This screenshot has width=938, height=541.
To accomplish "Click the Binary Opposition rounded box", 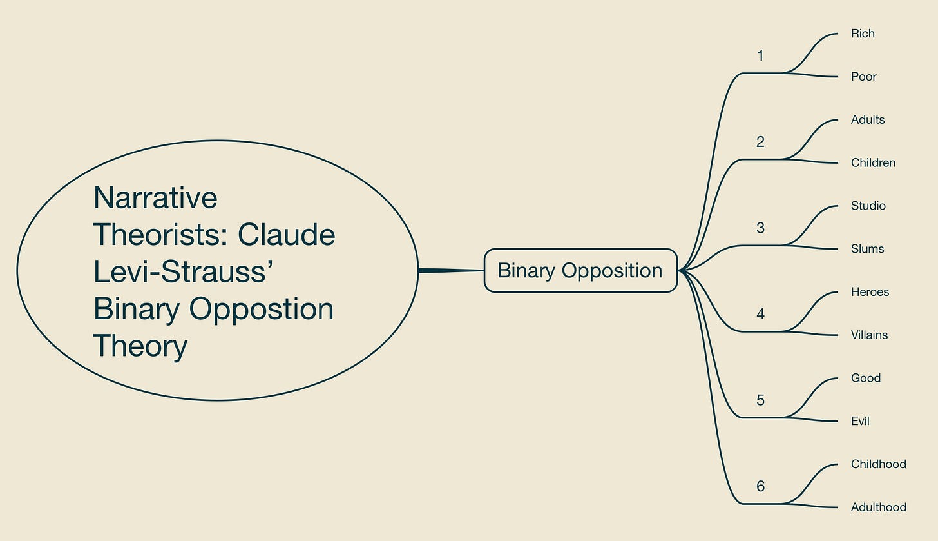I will pos(580,270).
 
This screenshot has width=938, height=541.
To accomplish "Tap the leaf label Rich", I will pos(863,34).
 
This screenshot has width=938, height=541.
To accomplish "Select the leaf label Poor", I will pos(863,77).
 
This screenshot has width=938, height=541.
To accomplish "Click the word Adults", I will pos(867,120).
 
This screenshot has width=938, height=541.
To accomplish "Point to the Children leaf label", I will pos(873,162).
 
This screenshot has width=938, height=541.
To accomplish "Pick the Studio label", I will pos(868,206).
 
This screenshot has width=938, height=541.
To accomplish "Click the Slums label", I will pos(867,249).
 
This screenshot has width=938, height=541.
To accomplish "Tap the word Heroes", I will pos(870,292).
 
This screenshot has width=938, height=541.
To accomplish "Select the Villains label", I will pos(869,335).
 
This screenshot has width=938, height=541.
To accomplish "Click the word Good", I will pos(865,378).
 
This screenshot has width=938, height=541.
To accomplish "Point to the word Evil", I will pos(860,421).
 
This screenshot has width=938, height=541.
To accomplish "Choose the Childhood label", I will pos(878,464).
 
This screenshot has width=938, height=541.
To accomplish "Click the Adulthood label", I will pos(878,507).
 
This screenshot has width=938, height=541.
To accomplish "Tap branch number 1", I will pos(760,56).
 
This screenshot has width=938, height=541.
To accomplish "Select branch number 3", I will pos(760,228).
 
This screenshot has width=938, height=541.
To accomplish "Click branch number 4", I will pos(760,314).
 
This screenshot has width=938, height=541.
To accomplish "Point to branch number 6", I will pos(760,486).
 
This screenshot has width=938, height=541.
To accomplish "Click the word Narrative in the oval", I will pos(155,197).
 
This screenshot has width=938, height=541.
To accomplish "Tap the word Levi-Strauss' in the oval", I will pos(184,271).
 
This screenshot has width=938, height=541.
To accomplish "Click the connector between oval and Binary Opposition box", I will pos(451,271).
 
